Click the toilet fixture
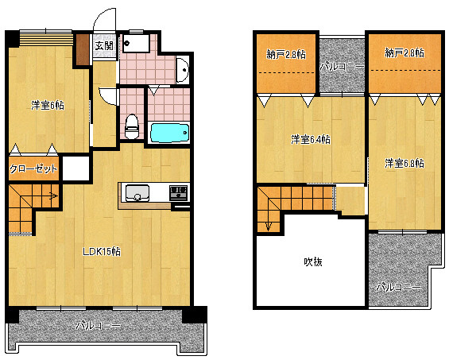coord(132,126)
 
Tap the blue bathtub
coord(170,133)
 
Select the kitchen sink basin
coord(137,193)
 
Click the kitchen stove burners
coord(178,192)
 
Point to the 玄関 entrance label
coord(104,45)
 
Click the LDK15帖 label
coord(102,252)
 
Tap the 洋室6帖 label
coord(48,106)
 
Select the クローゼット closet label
coord(33,169)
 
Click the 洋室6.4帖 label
coord(311,140)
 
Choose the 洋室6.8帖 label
coord(404,163)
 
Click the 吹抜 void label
coord(313,261)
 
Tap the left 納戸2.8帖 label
coord(286,54)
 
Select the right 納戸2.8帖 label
coord(404,53)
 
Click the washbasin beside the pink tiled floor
coord(183,70)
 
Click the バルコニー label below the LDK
coord(99,326)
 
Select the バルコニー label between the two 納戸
coord(342,67)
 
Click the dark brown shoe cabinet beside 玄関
coord(83,49)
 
